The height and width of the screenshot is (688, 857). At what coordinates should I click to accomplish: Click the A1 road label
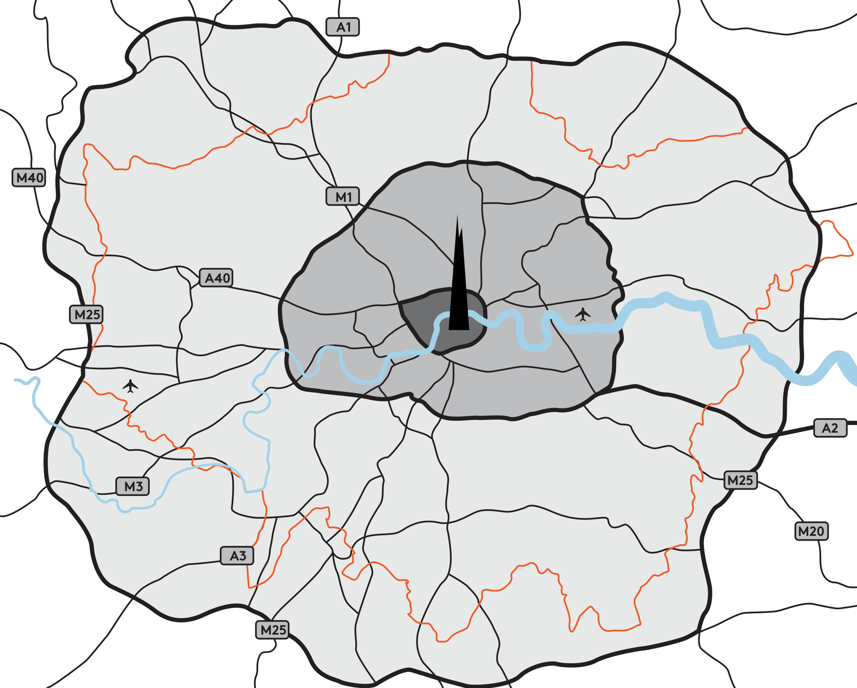(x=343, y=27)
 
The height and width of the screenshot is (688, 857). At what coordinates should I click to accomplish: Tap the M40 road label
(x=29, y=177)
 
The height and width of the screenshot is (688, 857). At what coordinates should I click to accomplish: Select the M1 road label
(x=343, y=197)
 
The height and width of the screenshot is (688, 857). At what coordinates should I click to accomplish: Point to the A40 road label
(x=217, y=278)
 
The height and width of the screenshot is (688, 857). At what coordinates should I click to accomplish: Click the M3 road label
(x=133, y=487)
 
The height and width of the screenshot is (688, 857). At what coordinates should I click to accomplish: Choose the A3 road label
(x=237, y=556)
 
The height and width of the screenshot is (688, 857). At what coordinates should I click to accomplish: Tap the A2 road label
(x=830, y=428)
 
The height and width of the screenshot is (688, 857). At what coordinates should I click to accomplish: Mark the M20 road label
(x=811, y=531)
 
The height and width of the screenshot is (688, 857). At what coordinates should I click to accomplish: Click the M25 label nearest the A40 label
(x=86, y=315)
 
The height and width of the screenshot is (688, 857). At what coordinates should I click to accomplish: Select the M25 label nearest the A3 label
(x=273, y=630)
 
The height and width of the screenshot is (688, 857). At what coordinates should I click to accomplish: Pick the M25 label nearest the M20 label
(x=740, y=480)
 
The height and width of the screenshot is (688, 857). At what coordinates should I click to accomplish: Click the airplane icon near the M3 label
(x=130, y=386)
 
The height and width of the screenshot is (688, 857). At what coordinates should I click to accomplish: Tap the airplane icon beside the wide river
(x=583, y=314)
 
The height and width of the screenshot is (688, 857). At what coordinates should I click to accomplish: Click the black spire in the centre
(x=459, y=295)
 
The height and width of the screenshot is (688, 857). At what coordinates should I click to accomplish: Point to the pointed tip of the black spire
(x=457, y=217)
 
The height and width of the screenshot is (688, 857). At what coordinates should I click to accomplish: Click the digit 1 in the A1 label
(x=348, y=27)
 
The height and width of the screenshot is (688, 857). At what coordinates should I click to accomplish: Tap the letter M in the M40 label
(x=22, y=177)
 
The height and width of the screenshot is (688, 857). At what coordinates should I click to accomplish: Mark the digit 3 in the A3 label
(x=242, y=556)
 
